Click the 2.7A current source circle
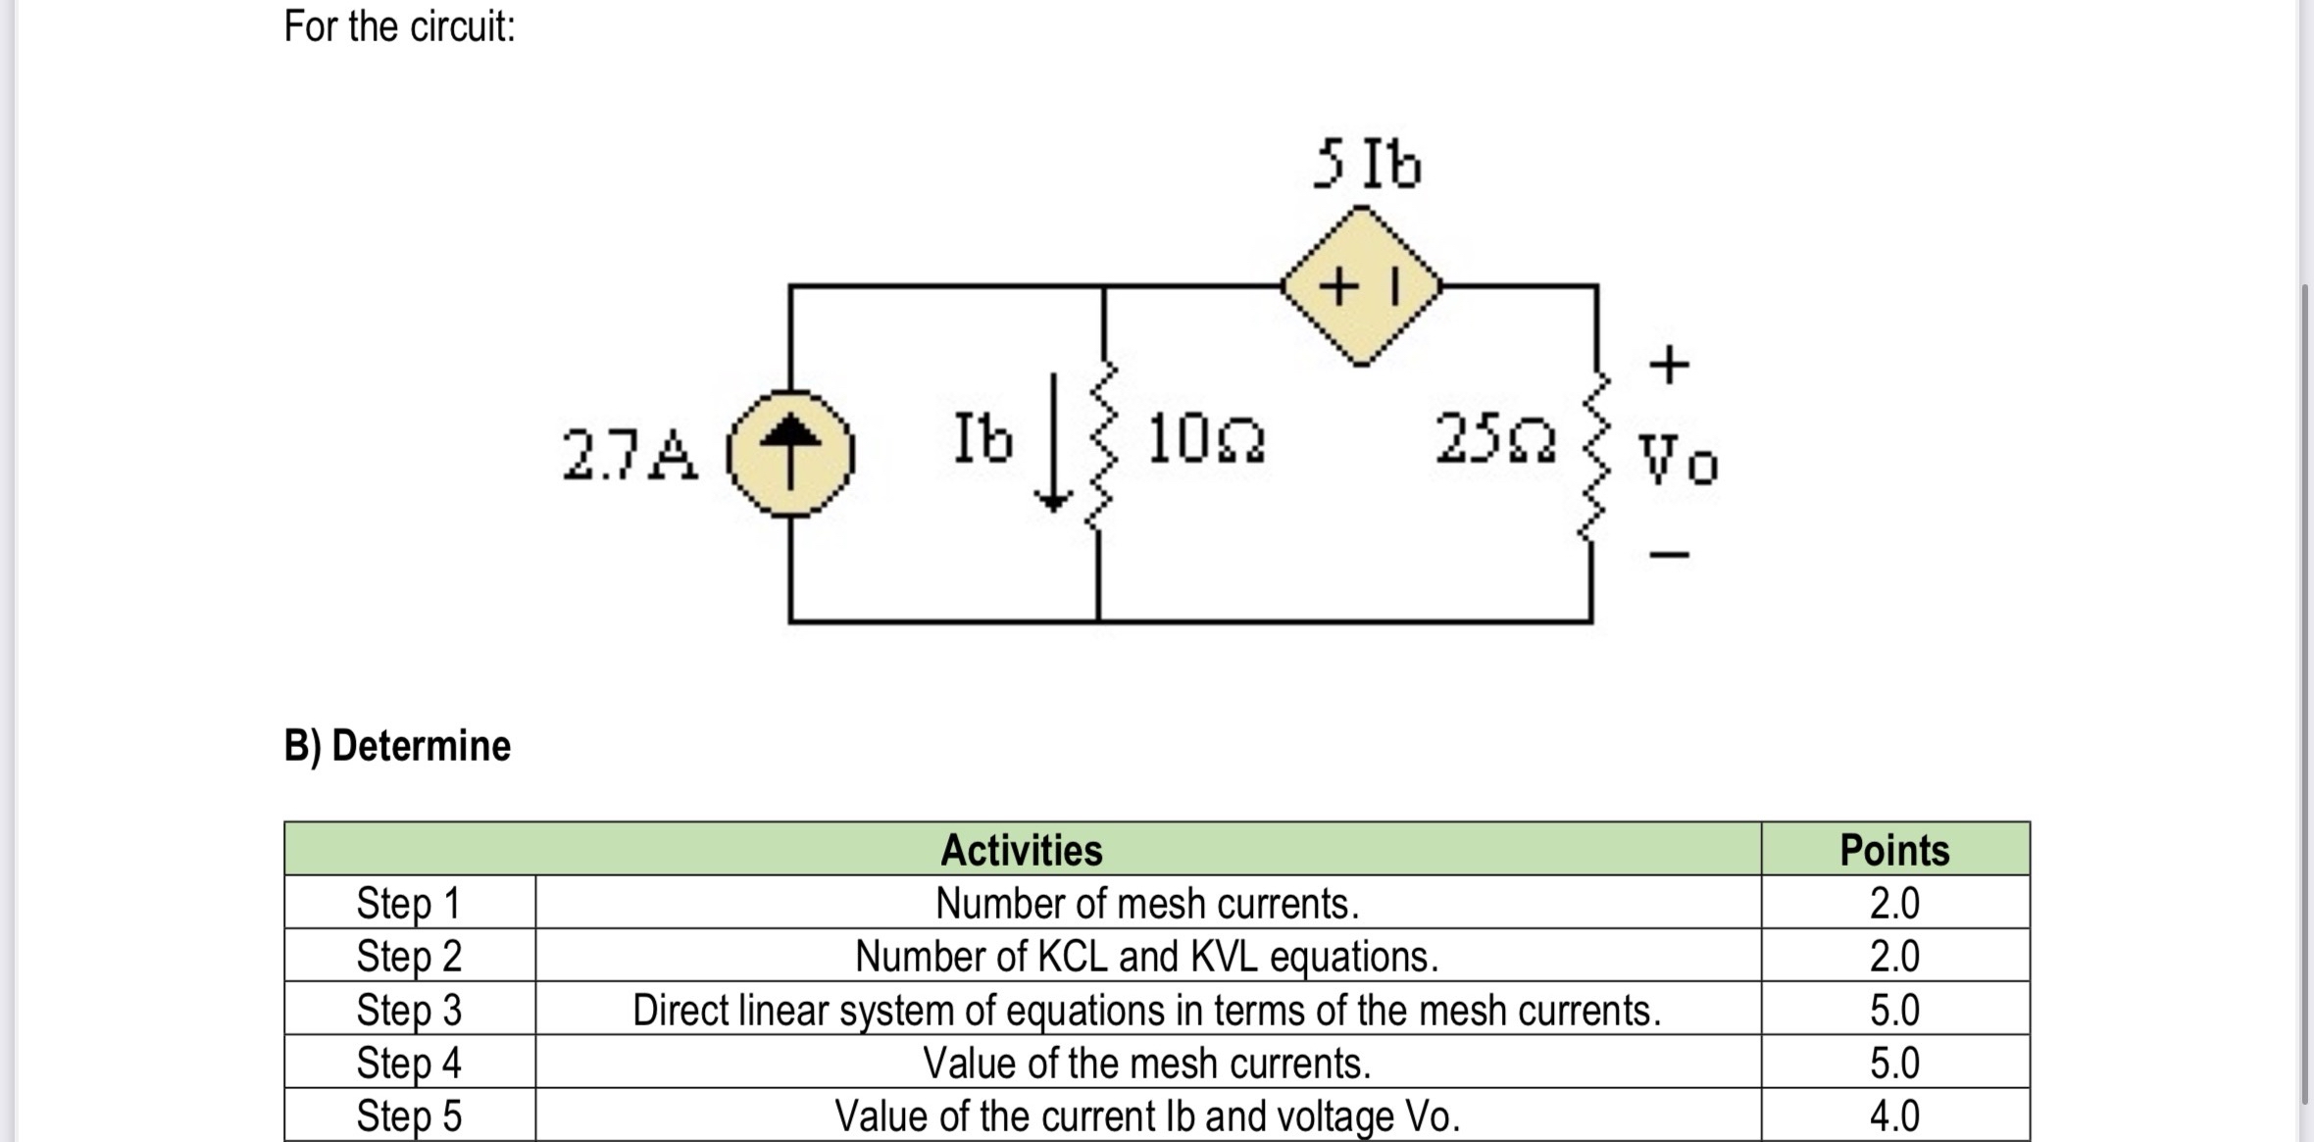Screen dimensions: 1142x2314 pyautogui.click(x=790, y=454)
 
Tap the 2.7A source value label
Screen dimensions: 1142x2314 pyautogui.click(x=630, y=456)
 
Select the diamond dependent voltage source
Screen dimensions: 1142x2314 pyautogui.click(x=1362, y=286)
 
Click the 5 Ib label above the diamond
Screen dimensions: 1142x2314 pyautogui.click(x=1367, y=165)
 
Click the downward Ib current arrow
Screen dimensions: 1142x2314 pyautogui.click(x=1053, y=443)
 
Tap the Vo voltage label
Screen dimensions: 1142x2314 pyautogui.click(x=1678, y=461)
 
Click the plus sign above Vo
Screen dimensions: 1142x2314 pyautogui.click(x=1669, y=365)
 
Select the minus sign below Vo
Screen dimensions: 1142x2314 pyautogui.click(x=1669, y=555)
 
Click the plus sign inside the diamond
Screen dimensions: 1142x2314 pyautogui.click(x=1338, y=287)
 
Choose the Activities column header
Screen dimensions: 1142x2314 pyautogui.click(x=1021, y=850)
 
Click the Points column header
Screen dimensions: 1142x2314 pyautogui.click(x=1893, y=850)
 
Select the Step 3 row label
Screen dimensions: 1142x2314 pyautogui.click(x=409, y=1010)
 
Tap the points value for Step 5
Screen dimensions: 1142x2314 pyautogui.click(x=1893, y=1116)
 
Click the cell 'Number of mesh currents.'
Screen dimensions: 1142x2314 pyautogui.click(x=1147, y=903)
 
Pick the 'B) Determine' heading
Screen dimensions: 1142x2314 pyautogui.click(x=397, y=746)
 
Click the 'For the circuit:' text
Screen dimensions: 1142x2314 pyautogui.click(x=399, y=26)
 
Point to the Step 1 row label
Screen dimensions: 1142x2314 pyautogui.click(x=409, y=903)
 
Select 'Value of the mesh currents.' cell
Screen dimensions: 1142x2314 pyautogui.click(x=1147, y=1063)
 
